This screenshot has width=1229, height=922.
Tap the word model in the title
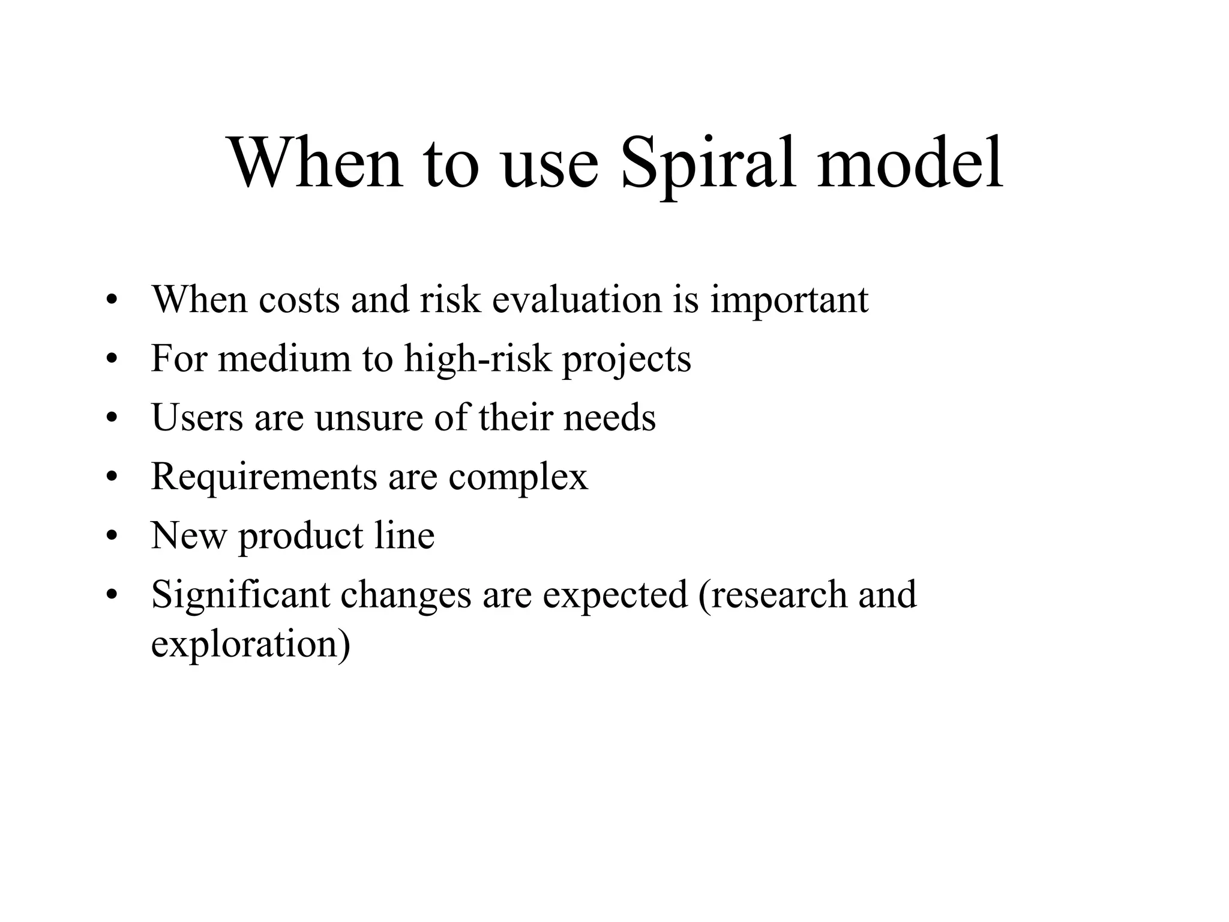click(x=910, y=163)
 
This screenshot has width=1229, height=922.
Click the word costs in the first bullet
click(x=299, y=300)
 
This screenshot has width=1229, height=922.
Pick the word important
click(x=789, y=301)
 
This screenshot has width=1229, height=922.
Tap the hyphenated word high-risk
click(x=477, y=358)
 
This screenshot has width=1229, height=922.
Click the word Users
click(x=197, y=417)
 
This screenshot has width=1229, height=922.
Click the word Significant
click(x=241, y=595)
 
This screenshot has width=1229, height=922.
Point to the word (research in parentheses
click(x=773, y=595)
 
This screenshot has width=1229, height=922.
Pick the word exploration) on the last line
click(x=250, y=644)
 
